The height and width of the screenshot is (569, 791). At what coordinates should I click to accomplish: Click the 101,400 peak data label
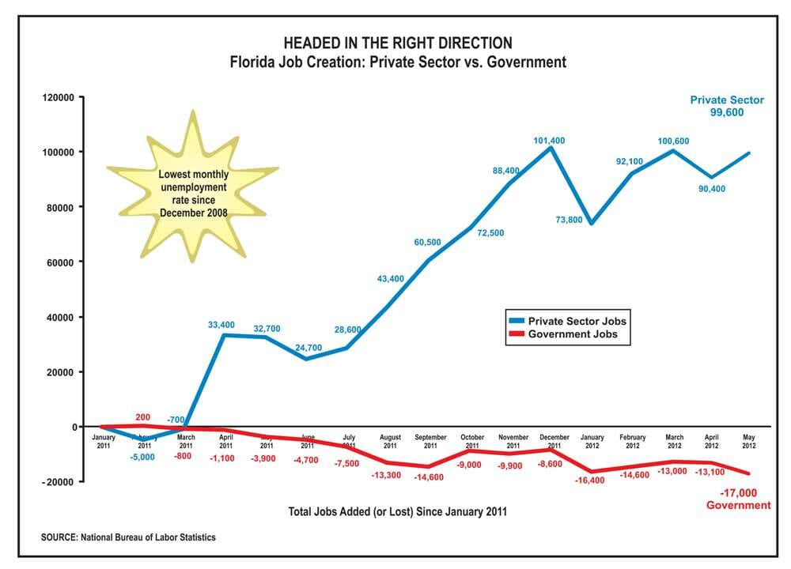[x=551, y=141]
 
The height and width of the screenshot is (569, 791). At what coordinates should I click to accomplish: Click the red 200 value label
[x=142, y=417]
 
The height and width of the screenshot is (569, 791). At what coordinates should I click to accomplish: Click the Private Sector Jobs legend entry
[x=576, y=322]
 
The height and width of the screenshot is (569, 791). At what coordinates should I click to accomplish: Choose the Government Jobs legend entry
[x=573, y=334]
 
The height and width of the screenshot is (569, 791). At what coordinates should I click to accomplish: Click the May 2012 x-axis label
[x=749, y=442]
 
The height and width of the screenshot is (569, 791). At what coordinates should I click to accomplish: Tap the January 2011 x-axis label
[x=103, y=442]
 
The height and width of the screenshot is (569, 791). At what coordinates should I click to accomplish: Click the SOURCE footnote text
[x=128, y=537]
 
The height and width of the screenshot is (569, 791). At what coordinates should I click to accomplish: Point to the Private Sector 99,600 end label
[x=727, y=106]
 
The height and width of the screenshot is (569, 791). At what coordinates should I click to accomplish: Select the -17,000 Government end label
[x=738, y=499]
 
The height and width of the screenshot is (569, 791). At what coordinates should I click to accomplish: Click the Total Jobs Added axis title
[x=399, y=512]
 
